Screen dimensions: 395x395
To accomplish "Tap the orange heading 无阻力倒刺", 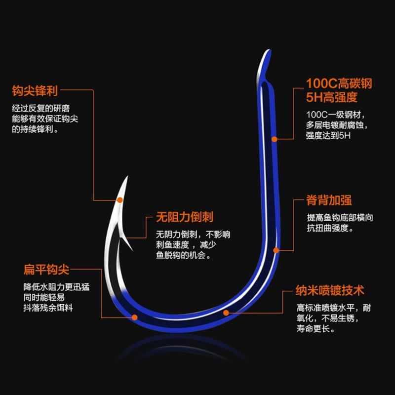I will coord(185,217).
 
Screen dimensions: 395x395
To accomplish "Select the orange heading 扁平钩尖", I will coord(46,270).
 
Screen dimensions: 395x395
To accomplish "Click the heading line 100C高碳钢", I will coord(339,83).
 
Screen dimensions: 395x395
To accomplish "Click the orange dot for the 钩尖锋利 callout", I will coord(119,200).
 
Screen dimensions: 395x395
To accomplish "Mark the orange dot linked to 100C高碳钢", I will coord(275,139).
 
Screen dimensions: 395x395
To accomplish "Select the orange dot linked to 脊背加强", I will coord(276,250).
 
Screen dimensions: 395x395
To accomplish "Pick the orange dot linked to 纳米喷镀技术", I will coord(226,313).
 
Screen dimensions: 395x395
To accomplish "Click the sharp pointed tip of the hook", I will coord(127,178).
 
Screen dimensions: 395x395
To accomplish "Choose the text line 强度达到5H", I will coord(328,136).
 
